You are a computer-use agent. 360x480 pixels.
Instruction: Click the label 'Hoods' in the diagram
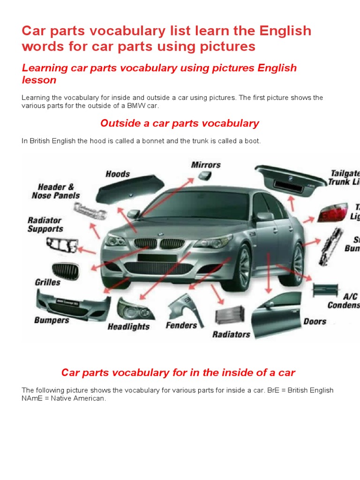click(118, 174)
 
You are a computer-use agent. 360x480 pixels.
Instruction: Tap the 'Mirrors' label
click(205, 165)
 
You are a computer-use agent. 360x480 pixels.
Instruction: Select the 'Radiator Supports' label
click(45, 225)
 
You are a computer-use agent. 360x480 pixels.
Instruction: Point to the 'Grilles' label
click(47, 282)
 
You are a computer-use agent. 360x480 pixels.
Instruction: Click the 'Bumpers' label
click(52, 321)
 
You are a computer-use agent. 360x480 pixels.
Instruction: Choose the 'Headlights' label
click(128, 327)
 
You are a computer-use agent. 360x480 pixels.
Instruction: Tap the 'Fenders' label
click(181, 325)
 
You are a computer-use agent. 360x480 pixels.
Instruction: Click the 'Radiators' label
click(231, 334)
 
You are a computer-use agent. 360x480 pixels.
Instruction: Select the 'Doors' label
click(315, 322)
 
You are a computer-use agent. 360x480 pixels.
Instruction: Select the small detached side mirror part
click(205, 176)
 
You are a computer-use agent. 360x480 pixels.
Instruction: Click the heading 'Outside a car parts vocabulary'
click(180, 123)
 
